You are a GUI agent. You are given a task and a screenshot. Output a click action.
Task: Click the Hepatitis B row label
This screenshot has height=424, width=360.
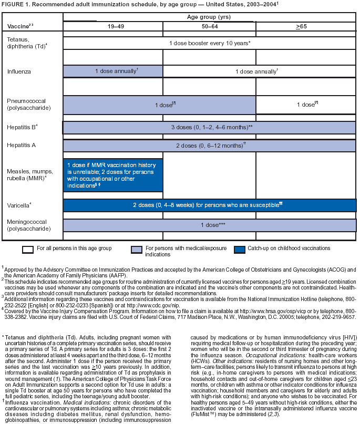pos(22,127)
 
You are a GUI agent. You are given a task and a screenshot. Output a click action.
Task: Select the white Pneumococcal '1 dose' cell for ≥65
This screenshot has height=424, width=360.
pos(307,105)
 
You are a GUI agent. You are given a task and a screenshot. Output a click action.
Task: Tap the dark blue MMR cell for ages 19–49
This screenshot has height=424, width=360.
pos(112,175)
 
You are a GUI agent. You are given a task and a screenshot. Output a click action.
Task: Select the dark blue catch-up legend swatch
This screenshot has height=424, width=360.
pos(237,249)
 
